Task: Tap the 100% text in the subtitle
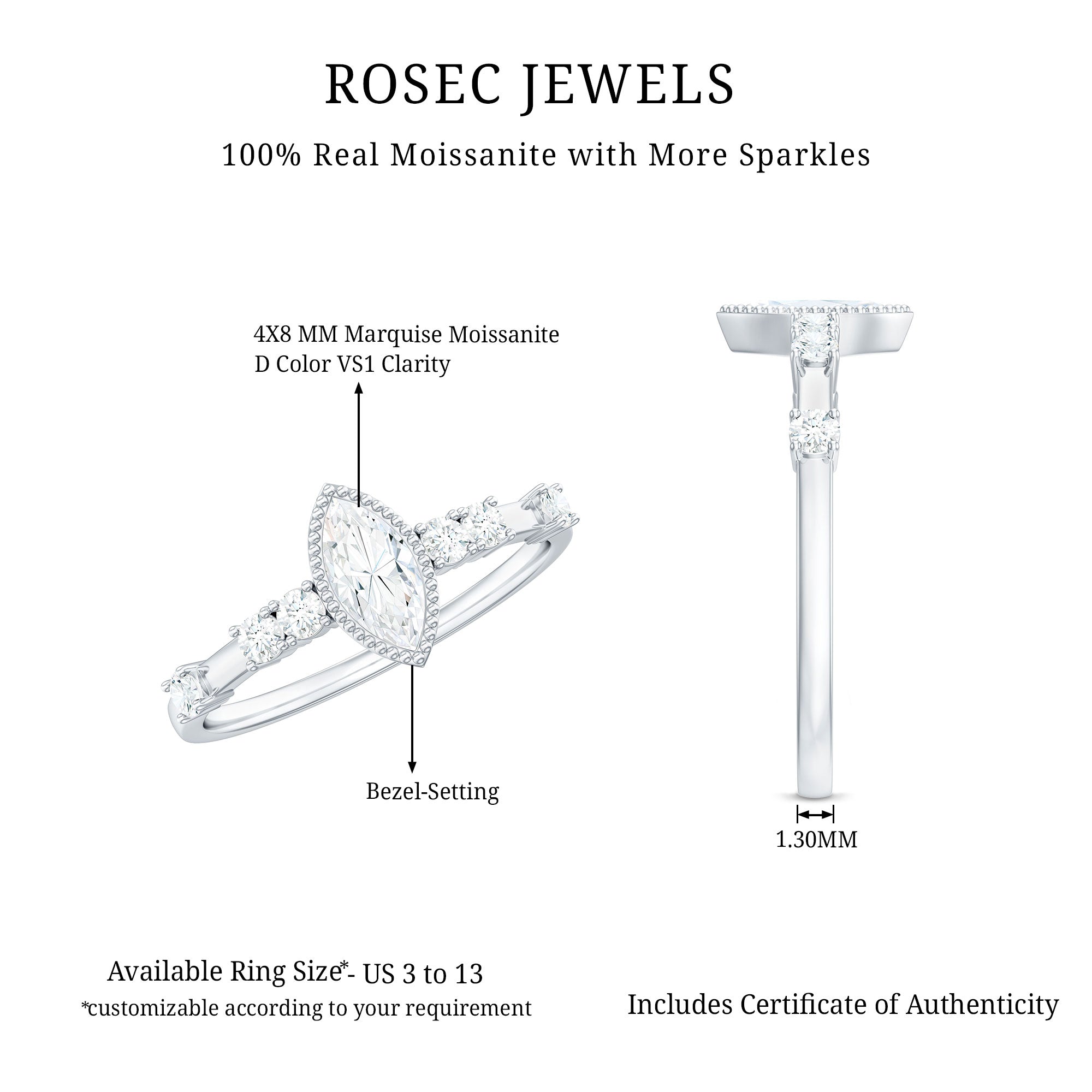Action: [262, 155]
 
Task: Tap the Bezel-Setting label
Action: [432, 791]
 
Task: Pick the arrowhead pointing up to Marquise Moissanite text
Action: [358, 388]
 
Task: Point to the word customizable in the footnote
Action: [151, 1007]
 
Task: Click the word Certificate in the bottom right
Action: [802, 1005]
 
